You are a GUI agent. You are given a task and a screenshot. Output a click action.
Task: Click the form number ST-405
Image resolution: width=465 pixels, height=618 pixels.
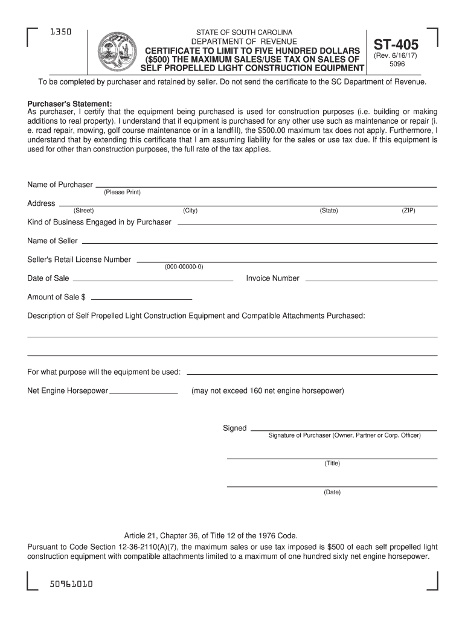pyautogui.click(x=396, y=45)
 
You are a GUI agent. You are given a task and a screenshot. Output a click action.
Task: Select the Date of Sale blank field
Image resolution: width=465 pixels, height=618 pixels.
pyautogui.click(x=152, y=281)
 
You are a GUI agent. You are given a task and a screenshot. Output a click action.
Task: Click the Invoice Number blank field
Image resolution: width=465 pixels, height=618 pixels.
pyautogui.click(x=371, y=281)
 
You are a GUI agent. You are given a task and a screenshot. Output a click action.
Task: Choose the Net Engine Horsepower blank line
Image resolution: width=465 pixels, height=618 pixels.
pyautogui.click(x=144, y=392)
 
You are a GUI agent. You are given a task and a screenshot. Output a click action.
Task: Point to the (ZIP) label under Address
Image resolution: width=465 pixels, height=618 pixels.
pyautogui.click(x=408, y=211)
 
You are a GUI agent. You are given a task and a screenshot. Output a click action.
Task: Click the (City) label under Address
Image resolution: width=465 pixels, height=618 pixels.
pyautogui.click(x=190, y=211)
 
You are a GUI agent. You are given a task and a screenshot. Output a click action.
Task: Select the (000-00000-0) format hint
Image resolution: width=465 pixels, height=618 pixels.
pyautogui.click(x=184, y=266)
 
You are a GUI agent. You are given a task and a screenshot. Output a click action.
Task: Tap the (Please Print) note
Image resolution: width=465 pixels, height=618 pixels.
pyautogui.click(x=122, y=192)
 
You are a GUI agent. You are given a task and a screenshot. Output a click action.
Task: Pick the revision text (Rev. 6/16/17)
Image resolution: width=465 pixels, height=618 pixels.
pyautogui.click(x=396, y=56)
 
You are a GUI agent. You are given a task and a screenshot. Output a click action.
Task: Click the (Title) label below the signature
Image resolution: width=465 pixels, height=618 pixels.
pyautogui.click(x=332, y=463)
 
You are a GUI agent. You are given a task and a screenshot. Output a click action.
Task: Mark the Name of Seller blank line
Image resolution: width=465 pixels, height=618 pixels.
pyautogui.click(x=258, y=243)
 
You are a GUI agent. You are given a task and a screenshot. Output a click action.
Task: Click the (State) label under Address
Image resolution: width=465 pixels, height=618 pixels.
pyautogui.click(x=329, y=211)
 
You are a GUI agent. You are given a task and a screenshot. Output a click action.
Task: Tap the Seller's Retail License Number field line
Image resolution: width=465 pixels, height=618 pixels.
pyautogui.click(x=287, y=262)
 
